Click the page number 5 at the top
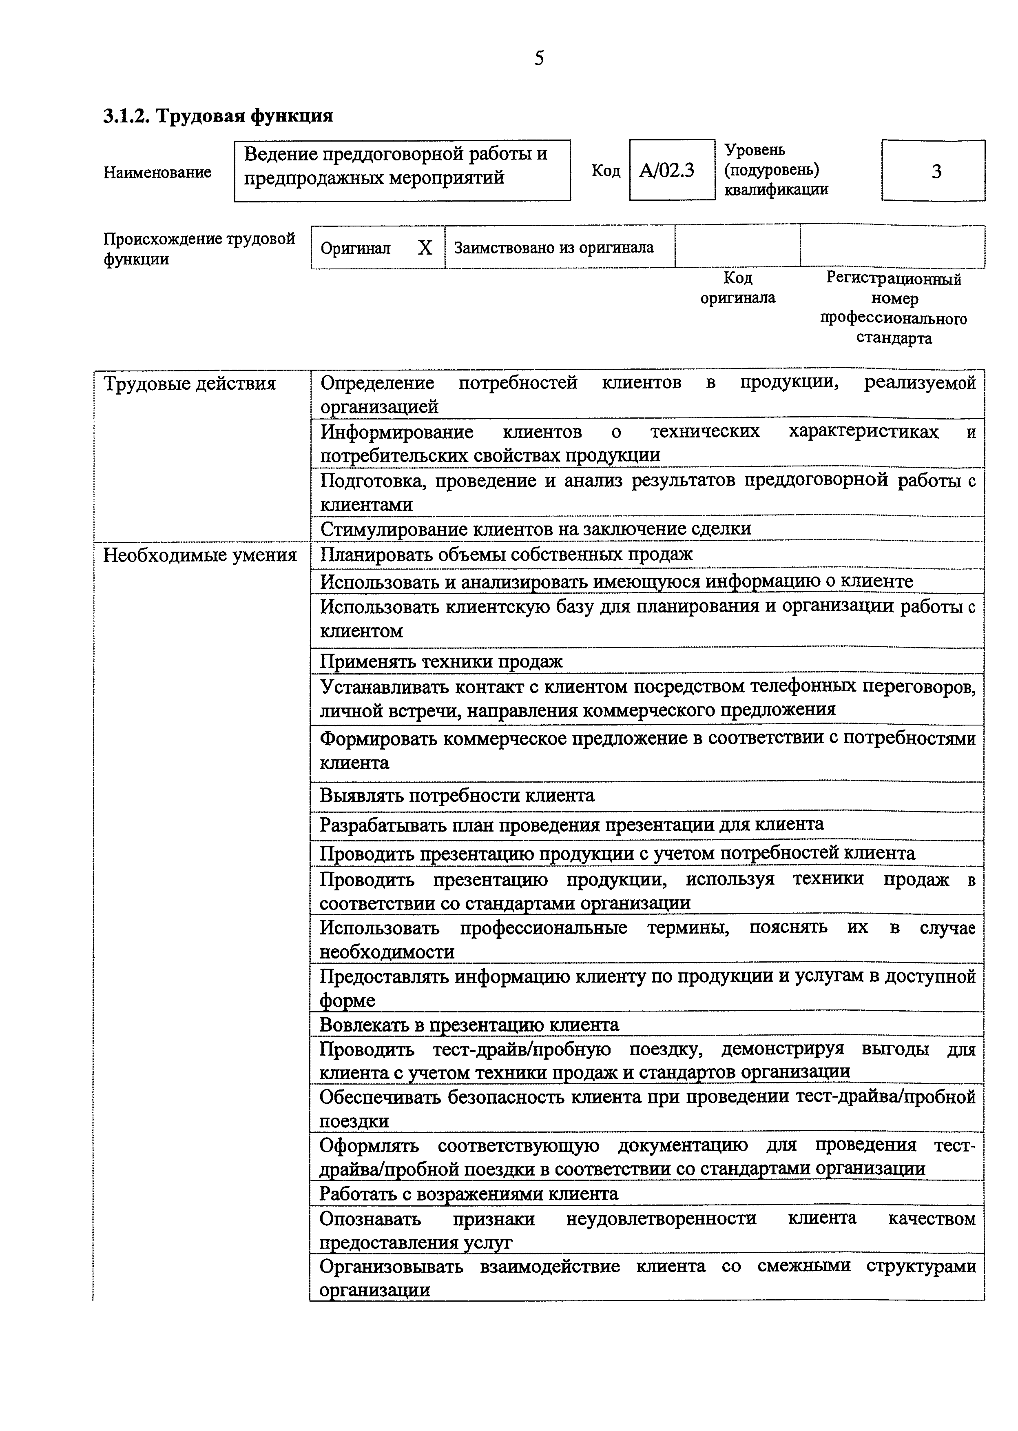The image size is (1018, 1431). pyautogui.click(x=539, y=58)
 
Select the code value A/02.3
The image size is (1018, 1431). pyautogui.click(x=666, y=171)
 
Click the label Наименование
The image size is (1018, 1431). pyautogui.click(x=157, y=173)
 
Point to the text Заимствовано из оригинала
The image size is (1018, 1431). pyautogui.click(x=553, y=248)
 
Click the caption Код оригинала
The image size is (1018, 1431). pyautogui.click(x=738, y=288)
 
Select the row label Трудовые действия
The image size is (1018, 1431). pyautogui.click(x=189, y=383)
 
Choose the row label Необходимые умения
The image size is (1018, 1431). pyautogui.click(x=199, y=555)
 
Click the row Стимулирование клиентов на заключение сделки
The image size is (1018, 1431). pyautogui.click(x=536, y=529)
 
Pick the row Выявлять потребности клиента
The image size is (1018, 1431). pyautogui.click(x=457, y=795)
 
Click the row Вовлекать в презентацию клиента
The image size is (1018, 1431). pyautogui.click(x=469, y=1024)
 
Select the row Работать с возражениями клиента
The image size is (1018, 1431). pyautogui.click(x=469, y=1194)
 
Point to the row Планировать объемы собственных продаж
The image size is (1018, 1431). pyautogui.click(x=507, y=555)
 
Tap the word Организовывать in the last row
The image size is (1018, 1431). pyautogui.click(x=391, y=1266)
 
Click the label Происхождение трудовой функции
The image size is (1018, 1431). pyautogui.click(x=199, y=248)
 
